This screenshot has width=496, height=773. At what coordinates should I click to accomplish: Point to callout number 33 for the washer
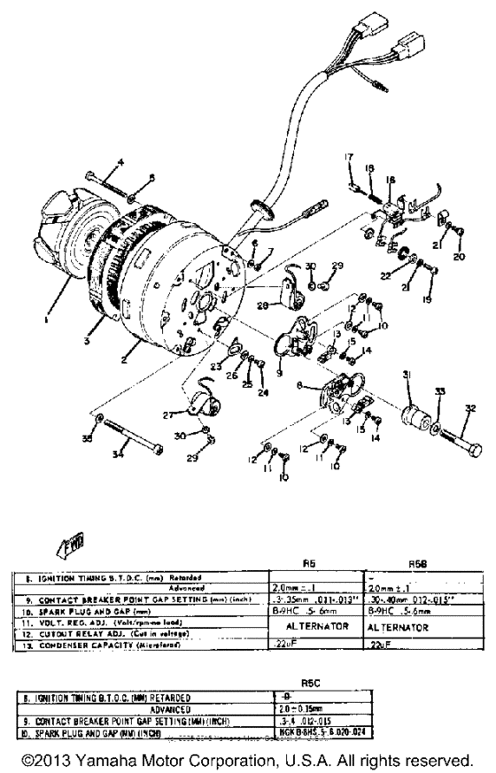tap(438, 391)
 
